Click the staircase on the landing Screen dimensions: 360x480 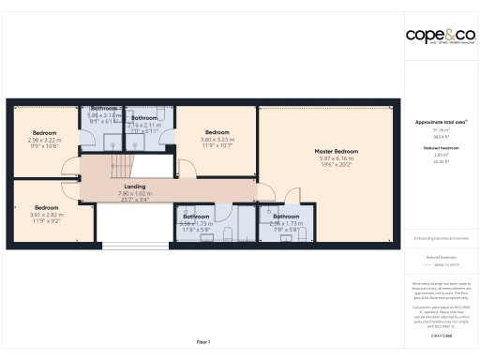coord(121,168)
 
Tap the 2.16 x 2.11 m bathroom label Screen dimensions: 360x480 coord(144,119)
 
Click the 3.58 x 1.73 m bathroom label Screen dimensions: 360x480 coord(197,217)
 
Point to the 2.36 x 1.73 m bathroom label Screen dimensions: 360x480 coord(285,217)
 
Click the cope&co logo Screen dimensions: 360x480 coord(439,36)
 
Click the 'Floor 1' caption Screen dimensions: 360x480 coord(202,341)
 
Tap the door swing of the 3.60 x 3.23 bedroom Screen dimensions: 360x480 coord(186,169)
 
